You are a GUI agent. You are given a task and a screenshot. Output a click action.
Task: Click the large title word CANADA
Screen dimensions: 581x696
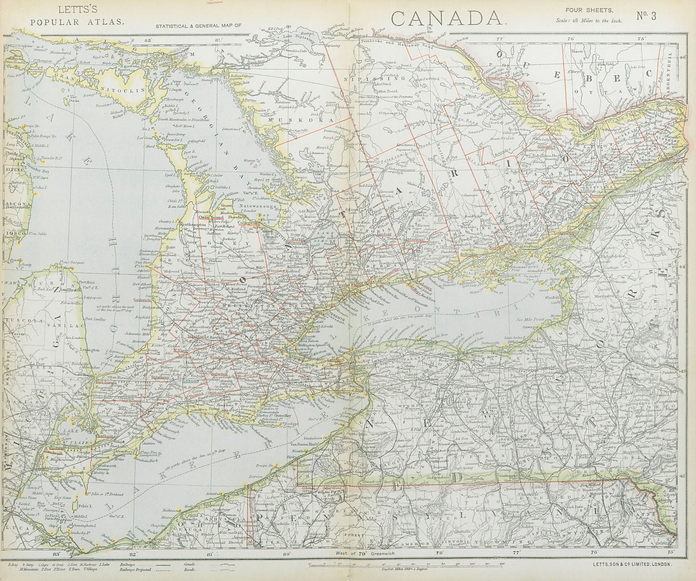coord(447,17)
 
